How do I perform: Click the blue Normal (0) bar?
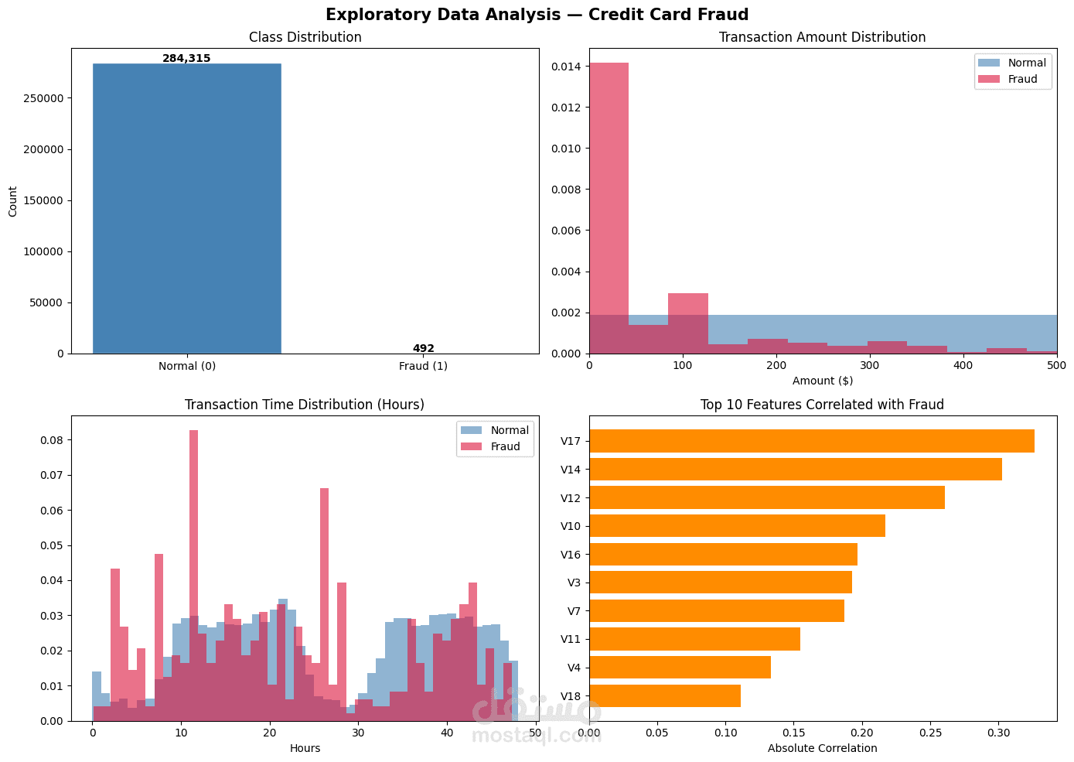(187, 209)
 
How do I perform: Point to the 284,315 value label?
(186, 58)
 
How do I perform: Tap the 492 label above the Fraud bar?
(424, 348)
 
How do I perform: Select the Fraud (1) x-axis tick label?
(424, 366)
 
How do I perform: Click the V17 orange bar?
(812, 441)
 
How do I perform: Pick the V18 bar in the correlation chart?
(665, 695)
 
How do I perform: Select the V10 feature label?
(571, 526)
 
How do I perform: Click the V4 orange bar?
(680, 668)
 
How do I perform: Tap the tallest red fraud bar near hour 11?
(194, 576)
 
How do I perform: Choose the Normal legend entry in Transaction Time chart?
(494, 430)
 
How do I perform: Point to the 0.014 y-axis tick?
(566, 67)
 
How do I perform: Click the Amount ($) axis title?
(823, 381)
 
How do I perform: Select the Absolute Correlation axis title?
(822, 748)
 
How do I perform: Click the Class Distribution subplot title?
(305, 37)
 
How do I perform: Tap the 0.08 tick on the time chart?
(51, 440)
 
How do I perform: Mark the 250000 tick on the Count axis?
(43, 98)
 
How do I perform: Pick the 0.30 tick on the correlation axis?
(999, 733)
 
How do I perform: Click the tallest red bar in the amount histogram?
(609, 208)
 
